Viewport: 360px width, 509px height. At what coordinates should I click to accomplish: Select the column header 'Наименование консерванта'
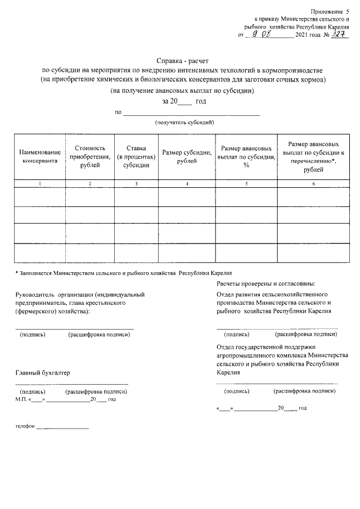40,156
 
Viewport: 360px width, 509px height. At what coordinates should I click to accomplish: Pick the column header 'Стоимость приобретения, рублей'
90,156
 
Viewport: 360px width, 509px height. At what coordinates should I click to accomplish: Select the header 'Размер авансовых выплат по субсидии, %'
246,156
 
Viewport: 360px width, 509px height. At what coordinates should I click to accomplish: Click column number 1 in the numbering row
40,184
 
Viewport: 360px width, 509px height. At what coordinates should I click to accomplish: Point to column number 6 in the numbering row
313,184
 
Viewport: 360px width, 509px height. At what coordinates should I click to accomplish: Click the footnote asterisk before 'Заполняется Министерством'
16,273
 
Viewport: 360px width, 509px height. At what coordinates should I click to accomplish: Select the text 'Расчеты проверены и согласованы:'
265,283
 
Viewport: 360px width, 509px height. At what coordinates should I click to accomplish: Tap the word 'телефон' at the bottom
25,427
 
